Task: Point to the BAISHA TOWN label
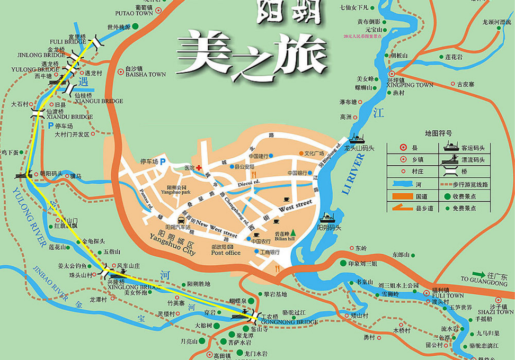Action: click(x=145, y=75)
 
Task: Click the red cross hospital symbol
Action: click(x=199, y=168)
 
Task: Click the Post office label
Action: click(x=226, y=253)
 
